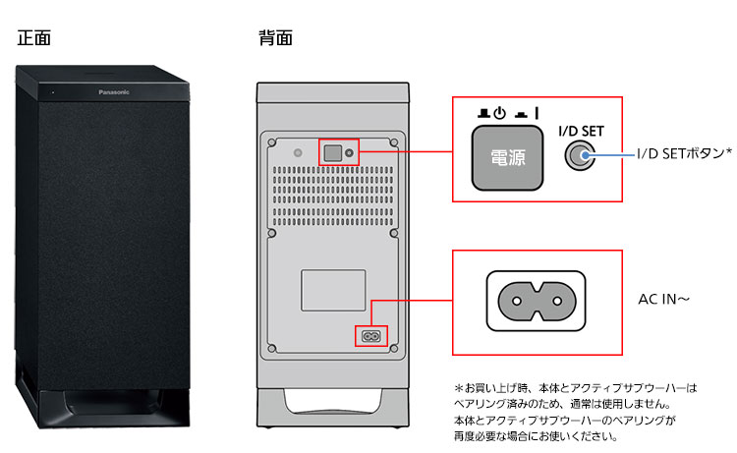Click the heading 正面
click(x=33, y=39)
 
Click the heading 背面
click(x=275, y=39)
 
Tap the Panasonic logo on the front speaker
click(x=120, y=91)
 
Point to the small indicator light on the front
click(x=53, y=92)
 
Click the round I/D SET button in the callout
click(x=580, y=156)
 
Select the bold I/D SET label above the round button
click(x=580, y=131)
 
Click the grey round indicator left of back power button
click(x=299, y=153)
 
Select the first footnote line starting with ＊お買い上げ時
click(x=574, y=388)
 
